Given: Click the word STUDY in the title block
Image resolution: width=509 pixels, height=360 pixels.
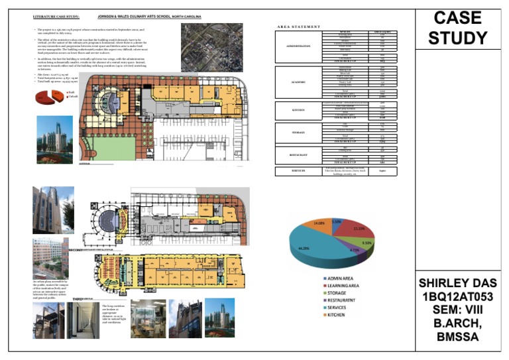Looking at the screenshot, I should pos(457,38).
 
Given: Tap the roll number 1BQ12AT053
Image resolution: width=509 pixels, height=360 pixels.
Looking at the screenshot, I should pos(457,297).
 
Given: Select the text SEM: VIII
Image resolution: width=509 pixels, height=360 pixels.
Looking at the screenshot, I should pos(457,310).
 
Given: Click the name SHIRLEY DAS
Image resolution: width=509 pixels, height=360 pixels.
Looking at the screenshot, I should pos(457,284).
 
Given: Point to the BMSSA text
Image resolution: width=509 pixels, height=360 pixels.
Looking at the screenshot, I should pos(457,337).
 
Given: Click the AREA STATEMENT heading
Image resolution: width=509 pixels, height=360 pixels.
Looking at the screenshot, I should pos(299,27).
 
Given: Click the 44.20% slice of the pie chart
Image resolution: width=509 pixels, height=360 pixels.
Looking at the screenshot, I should pos(311,248).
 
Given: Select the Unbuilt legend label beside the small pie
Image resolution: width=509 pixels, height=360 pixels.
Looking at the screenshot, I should pos(73,97).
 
